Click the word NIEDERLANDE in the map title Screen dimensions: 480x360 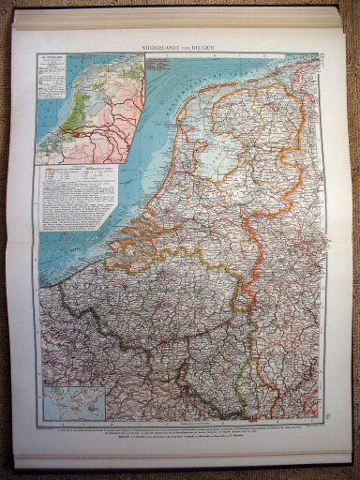click(x=168, y=46)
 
